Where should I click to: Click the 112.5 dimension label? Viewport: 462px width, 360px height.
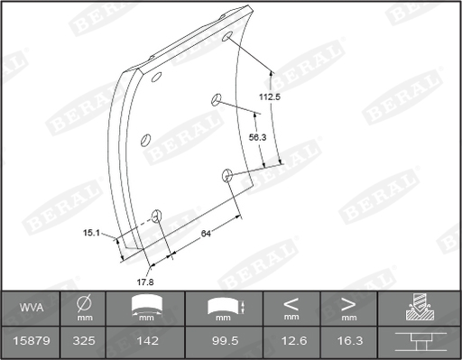270,97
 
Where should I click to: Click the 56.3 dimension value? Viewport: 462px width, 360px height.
257,137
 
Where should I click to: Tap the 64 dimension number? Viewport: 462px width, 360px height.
206,234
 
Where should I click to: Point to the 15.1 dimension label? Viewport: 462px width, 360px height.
91,233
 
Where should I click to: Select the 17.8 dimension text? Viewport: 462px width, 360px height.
145,282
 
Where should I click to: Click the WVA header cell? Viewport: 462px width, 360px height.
32,308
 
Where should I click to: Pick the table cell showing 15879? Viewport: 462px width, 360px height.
32,341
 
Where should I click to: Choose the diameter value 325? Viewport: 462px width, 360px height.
84,341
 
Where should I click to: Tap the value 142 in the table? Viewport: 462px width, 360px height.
147,341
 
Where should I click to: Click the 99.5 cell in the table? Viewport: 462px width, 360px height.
225,341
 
